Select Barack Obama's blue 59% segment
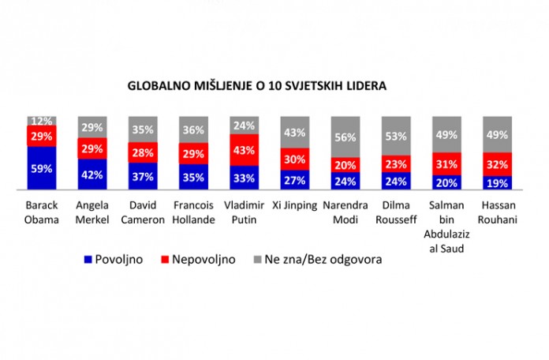pyautogui.click(x=41, y=168)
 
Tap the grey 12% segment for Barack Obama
pyautogui.click(x=41, y=121)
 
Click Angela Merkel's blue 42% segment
pyautogui.click(x=92, y=174)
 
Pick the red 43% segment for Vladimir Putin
pyautogui.click(x=245, y=150)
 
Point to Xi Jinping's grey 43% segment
pyautogui.click(x=295, y=133)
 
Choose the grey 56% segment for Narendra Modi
pyautogui.click(x=345, y=137)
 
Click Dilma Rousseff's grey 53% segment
pyautogui.click(x=396, y=136)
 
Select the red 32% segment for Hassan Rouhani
pyautogui.click(x=497, y=164)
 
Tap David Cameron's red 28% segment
pyautogui.click(x=143, y=152)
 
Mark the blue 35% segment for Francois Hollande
pyautogui.click(x=193, y=178)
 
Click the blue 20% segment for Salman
pyautogui.click(x=446, y=182)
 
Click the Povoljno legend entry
pyautogui.click(x=115, y=260)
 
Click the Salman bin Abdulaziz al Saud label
pyautogui.click(x=446, y=225)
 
